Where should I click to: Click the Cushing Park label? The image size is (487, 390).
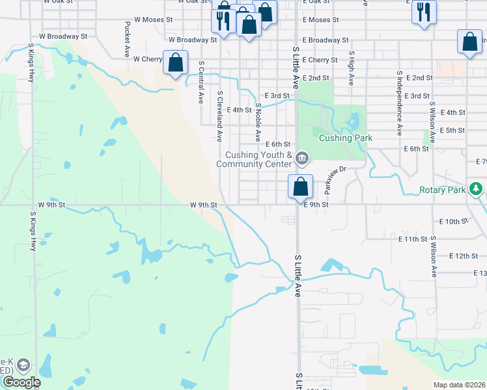click(x=345, y=138)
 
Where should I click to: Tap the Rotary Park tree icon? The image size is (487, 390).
click(x=477, y=189)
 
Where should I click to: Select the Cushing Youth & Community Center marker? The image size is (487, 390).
click(x=301, y=158)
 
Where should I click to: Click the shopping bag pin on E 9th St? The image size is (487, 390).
click(x=300, y=187)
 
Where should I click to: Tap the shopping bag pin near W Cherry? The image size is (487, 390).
click(x=175, y=63)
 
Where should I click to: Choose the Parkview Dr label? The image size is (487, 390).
click(x=337, y=177)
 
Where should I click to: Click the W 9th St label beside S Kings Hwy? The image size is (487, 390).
click(x=51, y=205)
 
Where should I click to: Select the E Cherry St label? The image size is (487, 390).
click(x=320, y=60)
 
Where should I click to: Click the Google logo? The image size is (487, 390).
click(x=21, y=382)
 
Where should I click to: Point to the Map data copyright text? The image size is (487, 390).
click(x=460, y=385)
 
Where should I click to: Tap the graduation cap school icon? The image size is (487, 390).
click(x=23, y=365)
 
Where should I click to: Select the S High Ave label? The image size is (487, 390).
click(x=351, y=69)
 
